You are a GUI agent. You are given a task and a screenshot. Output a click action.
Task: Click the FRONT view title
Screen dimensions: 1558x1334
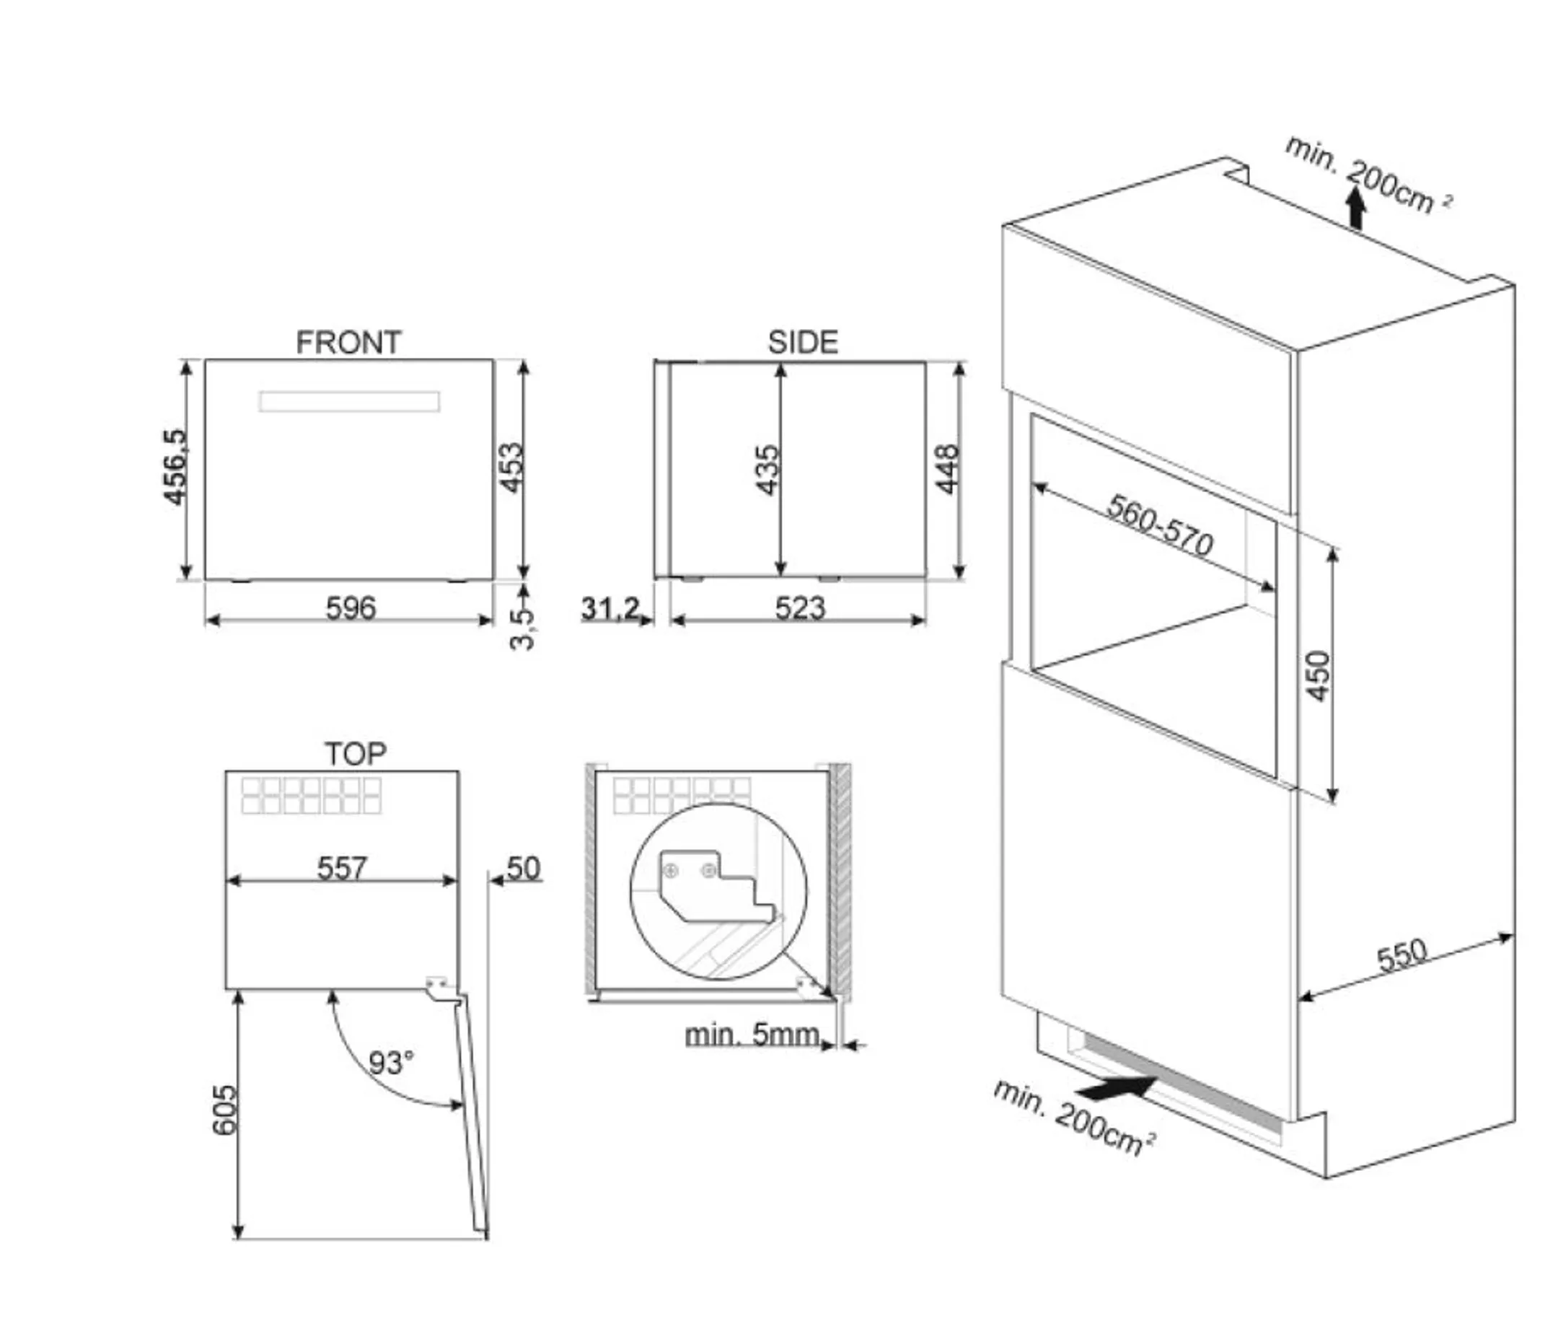click(348, 342)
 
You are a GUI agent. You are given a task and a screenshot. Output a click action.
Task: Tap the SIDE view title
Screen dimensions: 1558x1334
click(802, 342)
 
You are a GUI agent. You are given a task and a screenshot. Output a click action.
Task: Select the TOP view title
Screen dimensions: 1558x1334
click(355, 752)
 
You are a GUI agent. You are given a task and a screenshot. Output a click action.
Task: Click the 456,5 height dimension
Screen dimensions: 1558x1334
click(175, 466)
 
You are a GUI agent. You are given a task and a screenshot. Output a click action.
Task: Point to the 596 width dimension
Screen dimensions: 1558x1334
click(351, 607)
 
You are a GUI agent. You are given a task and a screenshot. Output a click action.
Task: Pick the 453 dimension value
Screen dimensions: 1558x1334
click(511, 467)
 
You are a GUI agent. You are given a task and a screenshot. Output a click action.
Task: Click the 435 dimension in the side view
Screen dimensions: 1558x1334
click(767, 470)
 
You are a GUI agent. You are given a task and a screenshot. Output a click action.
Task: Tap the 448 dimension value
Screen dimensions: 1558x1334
click(946, 469)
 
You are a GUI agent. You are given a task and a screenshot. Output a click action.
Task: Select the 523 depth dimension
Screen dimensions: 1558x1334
click(800, 607)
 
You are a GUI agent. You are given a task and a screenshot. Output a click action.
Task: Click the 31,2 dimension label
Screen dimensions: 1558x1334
click(609, 607)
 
